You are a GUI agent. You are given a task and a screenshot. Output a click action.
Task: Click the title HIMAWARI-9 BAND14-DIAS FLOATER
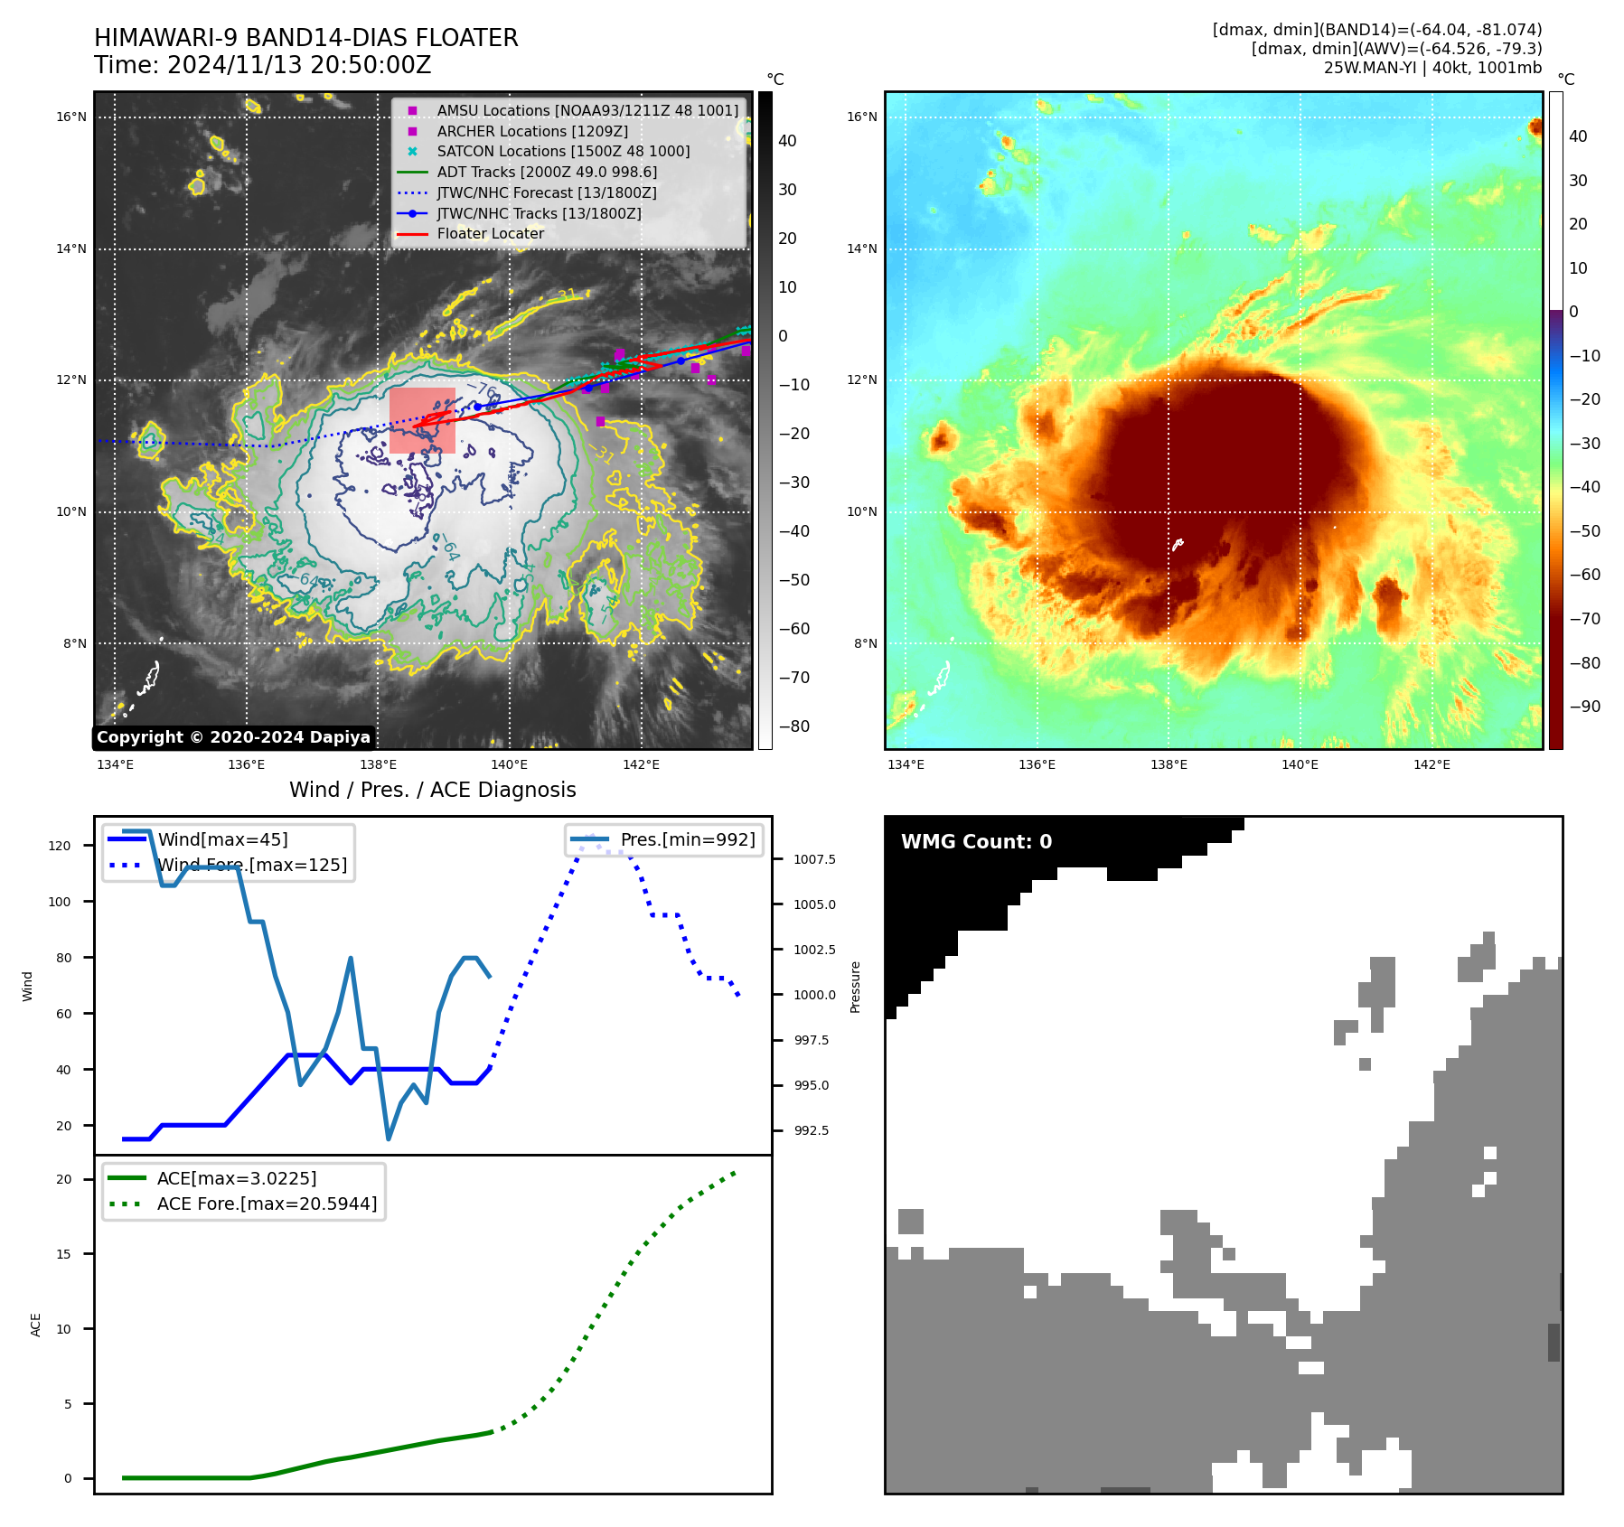[x=305, y=38]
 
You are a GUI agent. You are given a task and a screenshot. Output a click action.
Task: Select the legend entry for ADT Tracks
[x=546, y=172]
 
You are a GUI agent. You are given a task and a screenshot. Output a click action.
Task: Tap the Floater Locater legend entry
[x=490, y=233]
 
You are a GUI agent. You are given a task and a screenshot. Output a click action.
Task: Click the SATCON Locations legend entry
[x=562, y=151]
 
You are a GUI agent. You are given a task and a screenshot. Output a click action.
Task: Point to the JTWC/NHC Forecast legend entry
[x=546, y=192]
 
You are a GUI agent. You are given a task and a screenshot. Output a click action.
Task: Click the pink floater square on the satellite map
[x=422, y=420]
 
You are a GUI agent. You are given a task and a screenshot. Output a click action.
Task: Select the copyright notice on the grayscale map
[x=233, y=737]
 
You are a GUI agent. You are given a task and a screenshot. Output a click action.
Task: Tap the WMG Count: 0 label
[x=976, y=842]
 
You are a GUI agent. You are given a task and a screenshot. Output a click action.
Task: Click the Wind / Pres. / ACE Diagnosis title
[x=432, y=790]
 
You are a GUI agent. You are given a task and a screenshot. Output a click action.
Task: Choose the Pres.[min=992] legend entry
[x=687, y=839]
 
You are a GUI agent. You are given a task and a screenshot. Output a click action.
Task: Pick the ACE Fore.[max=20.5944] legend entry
[x=267, y=1204]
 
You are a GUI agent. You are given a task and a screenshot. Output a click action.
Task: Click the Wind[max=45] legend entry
[x=222, y=839]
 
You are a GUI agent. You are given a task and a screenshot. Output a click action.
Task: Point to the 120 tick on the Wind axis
[x=60, y=846]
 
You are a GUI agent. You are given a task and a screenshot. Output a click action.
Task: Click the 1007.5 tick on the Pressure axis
[x=814, y=859]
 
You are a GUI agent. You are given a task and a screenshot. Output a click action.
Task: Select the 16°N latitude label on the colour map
[x=861, y=117]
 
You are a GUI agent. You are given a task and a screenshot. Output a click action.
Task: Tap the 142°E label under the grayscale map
[x=641, y=764]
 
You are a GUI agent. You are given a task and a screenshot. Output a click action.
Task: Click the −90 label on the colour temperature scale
[x=1584, y=707]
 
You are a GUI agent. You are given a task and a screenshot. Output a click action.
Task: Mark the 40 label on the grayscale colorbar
[x=787, y=141]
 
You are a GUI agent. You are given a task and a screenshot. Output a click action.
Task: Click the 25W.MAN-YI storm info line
[x=1432, y=68]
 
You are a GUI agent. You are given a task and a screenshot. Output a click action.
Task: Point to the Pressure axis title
[x=855, y=987]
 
